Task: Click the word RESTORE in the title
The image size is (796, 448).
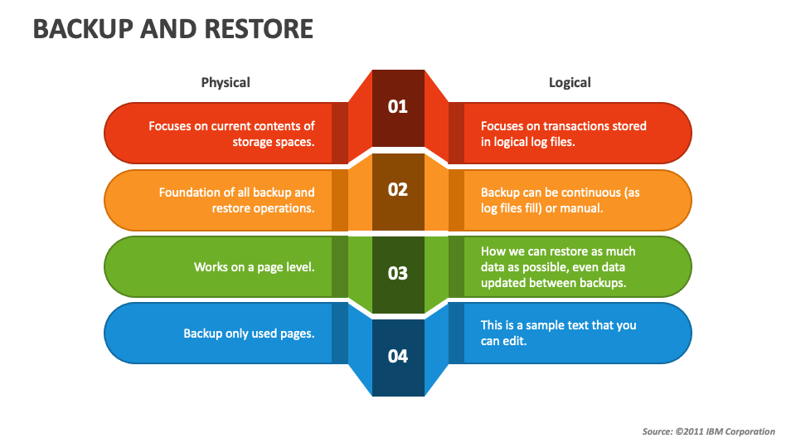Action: click(259, 29)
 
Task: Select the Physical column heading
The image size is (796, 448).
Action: click(226, 83)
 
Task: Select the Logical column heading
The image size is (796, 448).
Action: click(570, 83)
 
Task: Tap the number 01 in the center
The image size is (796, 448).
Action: click(397, 107)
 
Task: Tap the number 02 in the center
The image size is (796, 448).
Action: click(397, 190)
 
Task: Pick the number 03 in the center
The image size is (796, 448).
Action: click(397, 273)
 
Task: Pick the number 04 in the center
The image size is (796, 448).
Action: click(397, 356)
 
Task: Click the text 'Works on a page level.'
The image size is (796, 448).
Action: click(255, 267)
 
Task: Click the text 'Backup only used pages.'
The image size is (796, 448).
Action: click(249, 334)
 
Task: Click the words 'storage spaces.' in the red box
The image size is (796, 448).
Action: click(274, 142)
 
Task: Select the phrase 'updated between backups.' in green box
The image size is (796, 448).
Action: click(553, 283)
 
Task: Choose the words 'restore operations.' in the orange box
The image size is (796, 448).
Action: click(263, 209)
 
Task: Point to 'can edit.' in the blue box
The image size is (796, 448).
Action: click(503, 341)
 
